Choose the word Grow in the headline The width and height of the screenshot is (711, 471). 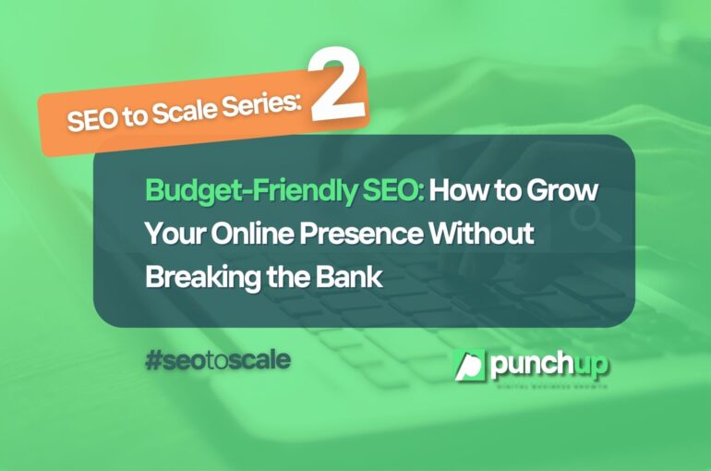564,195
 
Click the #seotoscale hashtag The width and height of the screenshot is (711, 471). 217,359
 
